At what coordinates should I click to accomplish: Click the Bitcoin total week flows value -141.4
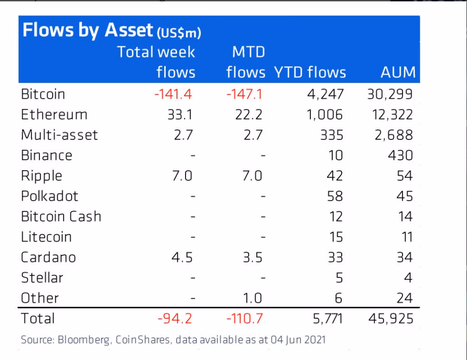tap(173, 94)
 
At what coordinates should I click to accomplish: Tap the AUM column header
tap(398, 73)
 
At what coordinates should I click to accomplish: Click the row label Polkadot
tap(49, 196)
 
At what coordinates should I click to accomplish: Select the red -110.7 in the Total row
tap(245, 319)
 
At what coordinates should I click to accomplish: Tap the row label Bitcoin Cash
tap(61, 217)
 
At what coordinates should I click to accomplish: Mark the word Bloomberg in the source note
tap(84, 340)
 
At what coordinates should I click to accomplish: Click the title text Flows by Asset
tap(88, 30)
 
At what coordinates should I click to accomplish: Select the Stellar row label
tap(42, 278)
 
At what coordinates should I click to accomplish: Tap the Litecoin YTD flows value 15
tap(335, 237)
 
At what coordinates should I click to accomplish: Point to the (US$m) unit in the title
tap(179, 33)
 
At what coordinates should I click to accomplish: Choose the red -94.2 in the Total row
tap(175, 319)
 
